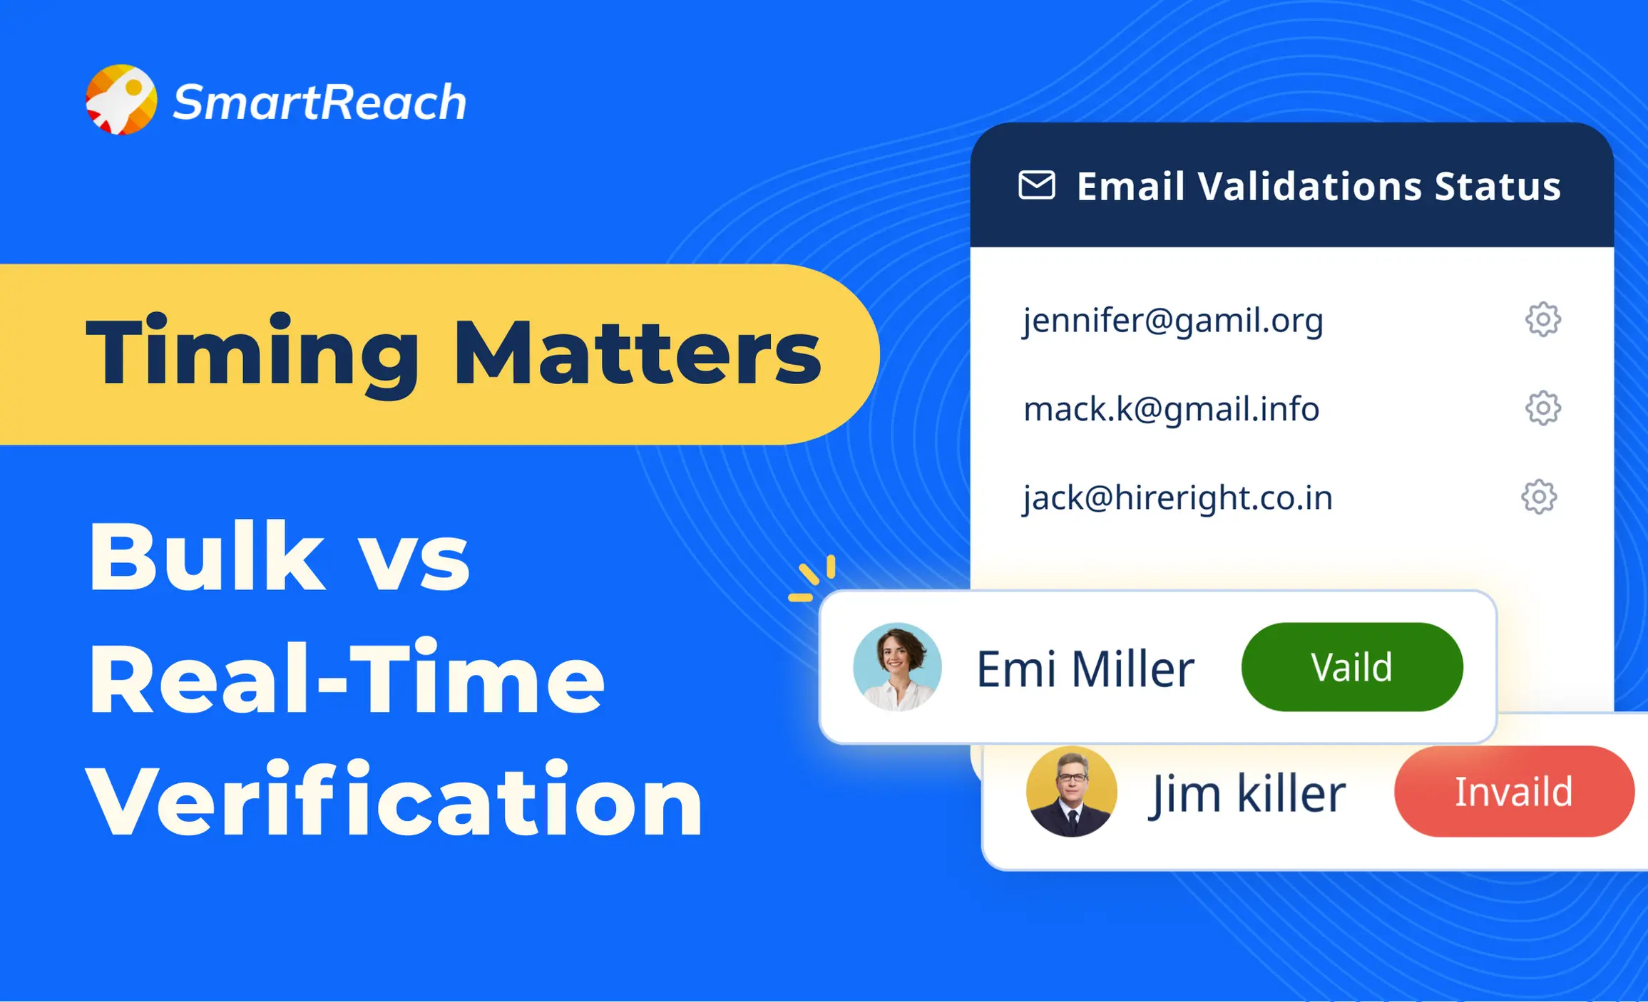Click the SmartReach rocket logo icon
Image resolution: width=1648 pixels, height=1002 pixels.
121,100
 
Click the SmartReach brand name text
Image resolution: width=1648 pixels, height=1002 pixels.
319,102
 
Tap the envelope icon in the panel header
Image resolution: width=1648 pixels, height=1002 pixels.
1036,185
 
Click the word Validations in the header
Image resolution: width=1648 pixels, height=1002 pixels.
1310,187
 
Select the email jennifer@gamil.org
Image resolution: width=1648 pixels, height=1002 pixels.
1173,321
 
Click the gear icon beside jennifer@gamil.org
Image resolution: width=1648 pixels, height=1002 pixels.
1542,319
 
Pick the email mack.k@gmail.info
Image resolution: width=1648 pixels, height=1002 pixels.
1171,409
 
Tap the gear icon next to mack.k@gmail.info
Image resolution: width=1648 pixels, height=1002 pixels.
1542,408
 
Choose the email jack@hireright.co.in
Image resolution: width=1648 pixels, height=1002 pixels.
1177,497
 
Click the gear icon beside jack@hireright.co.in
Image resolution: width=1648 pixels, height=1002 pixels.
1539,497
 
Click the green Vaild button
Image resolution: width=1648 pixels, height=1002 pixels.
1351,667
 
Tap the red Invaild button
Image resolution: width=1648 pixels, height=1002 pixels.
1513,791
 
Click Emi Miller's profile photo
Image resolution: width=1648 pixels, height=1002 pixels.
897,667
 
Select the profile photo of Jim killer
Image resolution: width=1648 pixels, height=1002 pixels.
1071,791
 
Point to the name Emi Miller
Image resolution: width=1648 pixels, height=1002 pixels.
1085,669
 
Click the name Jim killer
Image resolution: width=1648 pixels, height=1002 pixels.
1247,793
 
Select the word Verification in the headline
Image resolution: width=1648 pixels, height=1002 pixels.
394,800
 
